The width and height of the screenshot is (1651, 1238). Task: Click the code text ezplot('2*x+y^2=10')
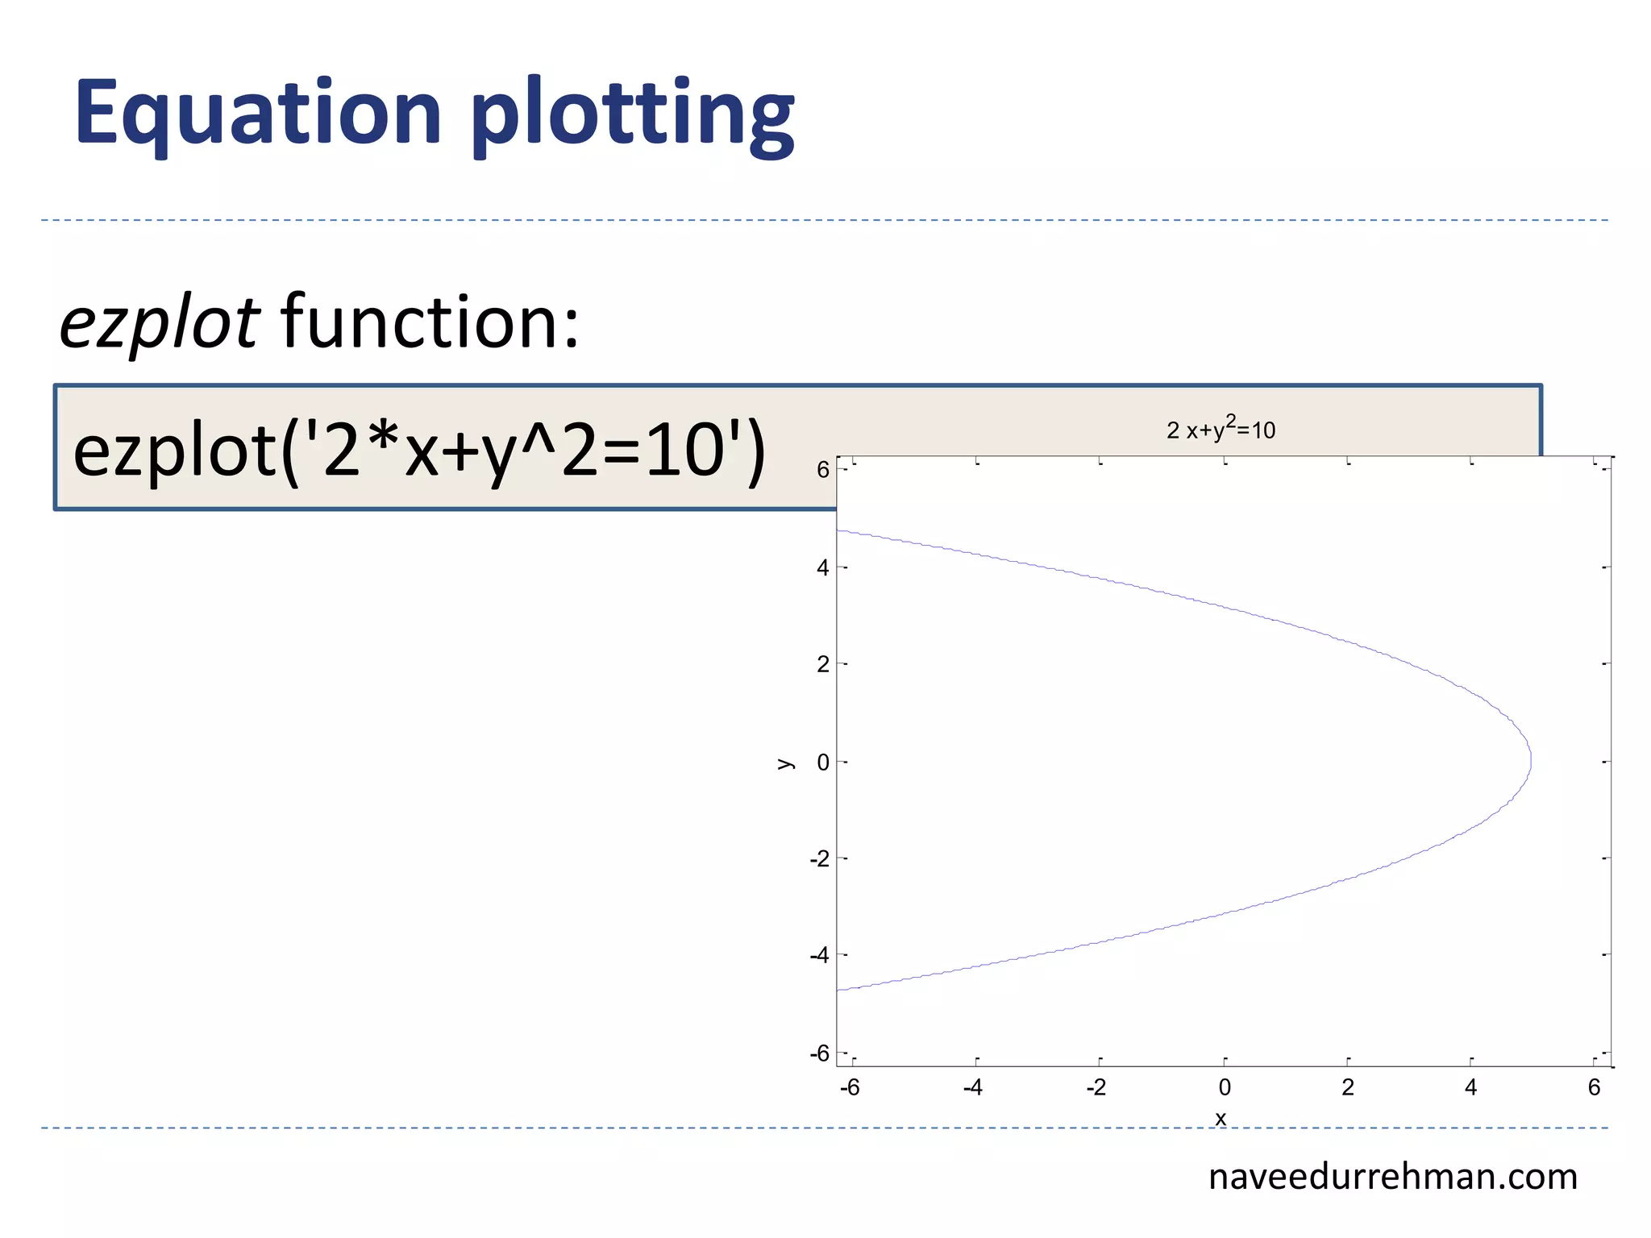pos(419,451)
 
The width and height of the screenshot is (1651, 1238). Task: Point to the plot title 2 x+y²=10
pos(1221,429)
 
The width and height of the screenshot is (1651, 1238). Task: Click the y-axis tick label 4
pos(822,568)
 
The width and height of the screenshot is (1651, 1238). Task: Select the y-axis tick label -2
pos(819,859)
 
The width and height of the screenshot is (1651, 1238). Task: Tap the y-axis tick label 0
pos(822,762)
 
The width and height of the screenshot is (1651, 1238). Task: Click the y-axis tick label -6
pos(819,1053)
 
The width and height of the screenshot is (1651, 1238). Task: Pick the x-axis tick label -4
pos(972,1088)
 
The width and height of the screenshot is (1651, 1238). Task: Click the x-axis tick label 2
pos(1348,1088)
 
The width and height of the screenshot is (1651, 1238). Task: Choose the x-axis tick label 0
pos(1225,1088)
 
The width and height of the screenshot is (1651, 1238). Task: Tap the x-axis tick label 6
pos(1594,1088)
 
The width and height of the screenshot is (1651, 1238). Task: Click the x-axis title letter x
pos(1221,1119)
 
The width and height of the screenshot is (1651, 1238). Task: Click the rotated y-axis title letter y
pos(784,763)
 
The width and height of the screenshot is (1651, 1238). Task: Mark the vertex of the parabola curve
pos(1531,761)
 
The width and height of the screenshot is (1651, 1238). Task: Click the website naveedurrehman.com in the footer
pos(1392,1177)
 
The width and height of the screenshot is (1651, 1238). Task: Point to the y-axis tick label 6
pos(822,470)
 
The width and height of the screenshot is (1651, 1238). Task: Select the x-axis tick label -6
pos(850,1088)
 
